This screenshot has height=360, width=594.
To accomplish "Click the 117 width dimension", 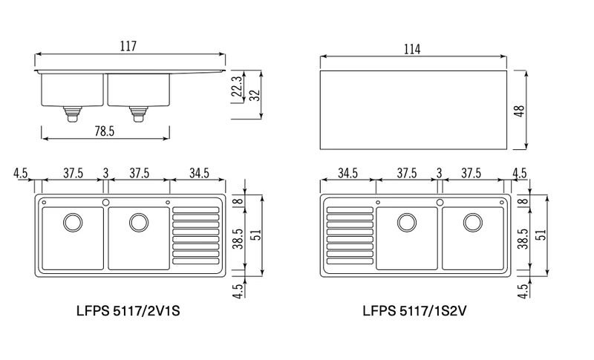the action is coord(128,46).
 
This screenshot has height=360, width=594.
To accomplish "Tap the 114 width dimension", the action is coord(412,49).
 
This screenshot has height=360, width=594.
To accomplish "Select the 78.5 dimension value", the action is coord(104,131).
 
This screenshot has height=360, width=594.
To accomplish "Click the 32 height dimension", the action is coord(255,94).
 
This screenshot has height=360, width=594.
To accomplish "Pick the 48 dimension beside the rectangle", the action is coord(520,111).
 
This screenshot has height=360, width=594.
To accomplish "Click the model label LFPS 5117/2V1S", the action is coord(128,311).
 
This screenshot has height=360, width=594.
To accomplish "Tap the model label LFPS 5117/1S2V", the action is coord(414,311).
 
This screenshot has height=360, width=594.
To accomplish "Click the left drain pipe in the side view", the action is coord(72,114).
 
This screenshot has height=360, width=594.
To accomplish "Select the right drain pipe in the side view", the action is coord(138,114).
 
